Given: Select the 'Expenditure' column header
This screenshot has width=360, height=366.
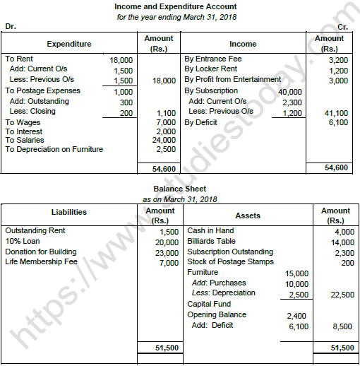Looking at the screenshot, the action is coord(69,44).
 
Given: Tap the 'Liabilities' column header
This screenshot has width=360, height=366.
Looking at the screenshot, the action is coord(69,212).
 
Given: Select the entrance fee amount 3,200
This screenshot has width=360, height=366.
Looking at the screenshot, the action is coord(333,61).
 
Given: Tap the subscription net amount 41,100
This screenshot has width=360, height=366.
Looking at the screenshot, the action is coord(333,112).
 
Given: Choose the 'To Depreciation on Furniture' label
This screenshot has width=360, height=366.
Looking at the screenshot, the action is coord(54,149).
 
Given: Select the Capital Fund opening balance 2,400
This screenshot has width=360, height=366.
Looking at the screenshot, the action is coord(296,314).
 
